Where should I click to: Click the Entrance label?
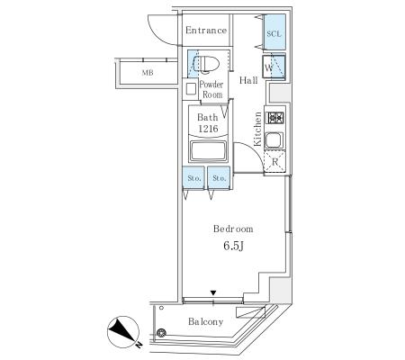click(206, 31)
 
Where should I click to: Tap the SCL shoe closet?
click(274, 32)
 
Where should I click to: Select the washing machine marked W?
click(274, 67)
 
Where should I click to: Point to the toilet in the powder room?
click(206, 64)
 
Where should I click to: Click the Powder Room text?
click(211, 89)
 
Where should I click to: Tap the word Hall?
click(248, 80)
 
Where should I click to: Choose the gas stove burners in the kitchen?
click(275, 117)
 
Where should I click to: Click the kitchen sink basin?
click(274, 140)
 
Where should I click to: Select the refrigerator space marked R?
click(274, 162)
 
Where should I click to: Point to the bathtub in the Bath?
click(208, 151)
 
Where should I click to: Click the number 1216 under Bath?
click(208, 129)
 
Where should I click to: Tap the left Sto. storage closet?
click(193, 178)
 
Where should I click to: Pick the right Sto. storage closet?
click(219, 178)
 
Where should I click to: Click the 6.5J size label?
click(233, 246)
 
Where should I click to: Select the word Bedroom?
click(233, 229)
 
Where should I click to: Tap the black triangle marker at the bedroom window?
click(213, 292)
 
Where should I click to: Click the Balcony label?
click(206, 321)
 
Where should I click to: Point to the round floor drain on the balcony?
click(161, 332)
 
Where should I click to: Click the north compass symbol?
click(123, 332)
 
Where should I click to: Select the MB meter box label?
click(148, 73)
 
